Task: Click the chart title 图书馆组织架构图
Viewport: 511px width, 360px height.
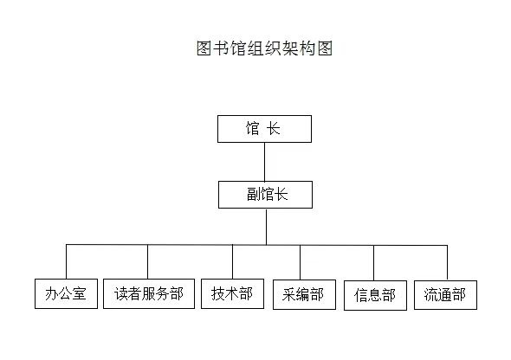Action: (264, 48)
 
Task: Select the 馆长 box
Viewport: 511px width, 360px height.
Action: (265, 129)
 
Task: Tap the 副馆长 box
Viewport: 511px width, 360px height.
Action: (265, 195)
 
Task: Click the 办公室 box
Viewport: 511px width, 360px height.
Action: (66, 293)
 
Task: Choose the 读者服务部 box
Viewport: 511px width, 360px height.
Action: (149, 293)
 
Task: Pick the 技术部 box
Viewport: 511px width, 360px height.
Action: (232, 293)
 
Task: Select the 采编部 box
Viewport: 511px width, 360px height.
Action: (304, 294)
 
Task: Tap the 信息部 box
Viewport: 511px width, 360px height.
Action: (375, 295)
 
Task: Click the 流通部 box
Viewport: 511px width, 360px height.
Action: (445, 295)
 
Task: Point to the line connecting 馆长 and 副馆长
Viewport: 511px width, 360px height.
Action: (264, 162)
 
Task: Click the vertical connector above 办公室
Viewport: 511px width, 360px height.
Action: (66, 261)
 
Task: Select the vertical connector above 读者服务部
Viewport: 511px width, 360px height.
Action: (147, 261)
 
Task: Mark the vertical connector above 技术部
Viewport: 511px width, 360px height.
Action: (232, 261)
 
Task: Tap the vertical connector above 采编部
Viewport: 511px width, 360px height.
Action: (301, 262)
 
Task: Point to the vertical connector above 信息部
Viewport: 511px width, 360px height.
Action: (373, 263)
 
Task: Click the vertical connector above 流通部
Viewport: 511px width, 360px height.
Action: (447, 263)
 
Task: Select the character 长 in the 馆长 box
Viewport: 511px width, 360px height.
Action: (273, 128)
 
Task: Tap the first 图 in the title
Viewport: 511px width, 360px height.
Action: (204, 48)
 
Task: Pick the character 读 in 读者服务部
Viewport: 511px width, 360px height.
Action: (120, 293)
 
